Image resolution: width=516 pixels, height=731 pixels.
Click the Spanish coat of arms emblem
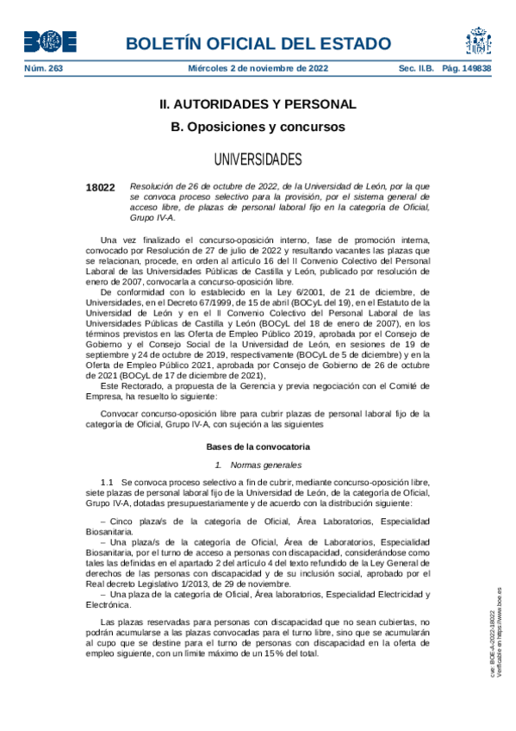click(478, 41)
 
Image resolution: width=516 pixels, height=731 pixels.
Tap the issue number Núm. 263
click(43, 68)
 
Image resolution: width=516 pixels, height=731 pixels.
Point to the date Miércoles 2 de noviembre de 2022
click(258, 68)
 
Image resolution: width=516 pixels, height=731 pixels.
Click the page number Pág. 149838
click(466, 68)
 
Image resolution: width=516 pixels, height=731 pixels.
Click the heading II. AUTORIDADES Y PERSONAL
click(258, 104)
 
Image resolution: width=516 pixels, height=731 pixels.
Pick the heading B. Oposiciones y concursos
click(258, 127)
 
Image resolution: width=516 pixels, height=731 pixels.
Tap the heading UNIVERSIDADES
click(258, 159)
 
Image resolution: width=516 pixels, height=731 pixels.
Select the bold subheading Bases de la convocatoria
click(258, 447)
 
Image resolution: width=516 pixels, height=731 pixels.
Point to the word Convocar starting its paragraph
click(119, 414)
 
